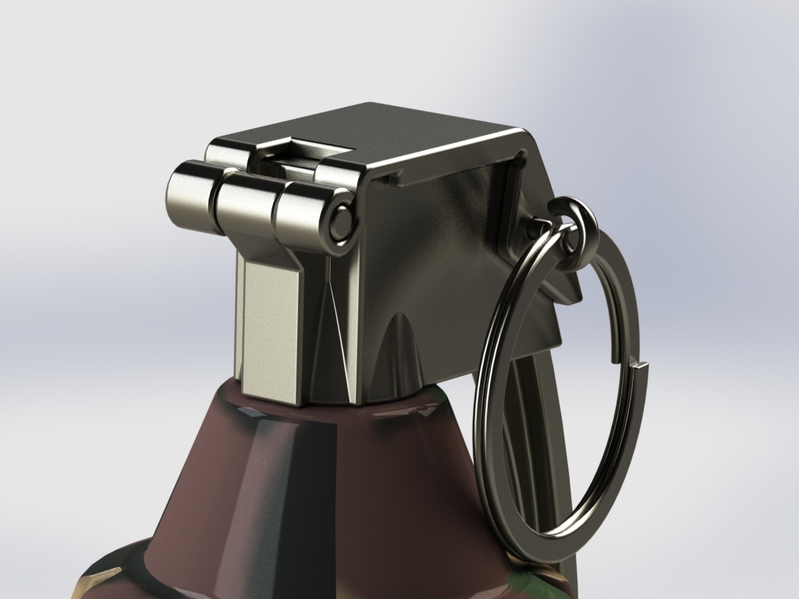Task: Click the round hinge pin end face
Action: (x=340, y=222)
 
